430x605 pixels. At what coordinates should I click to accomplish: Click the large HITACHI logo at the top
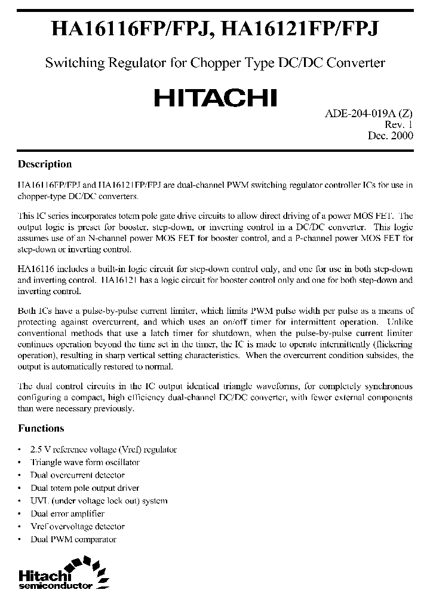tap(215, 97)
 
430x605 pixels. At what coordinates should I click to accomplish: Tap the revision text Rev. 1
tap(398, 124)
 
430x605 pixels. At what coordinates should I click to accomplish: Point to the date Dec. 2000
tap(390, 136)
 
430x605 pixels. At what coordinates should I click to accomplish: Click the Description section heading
tap(45, 164)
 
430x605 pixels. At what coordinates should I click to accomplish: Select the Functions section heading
tap(41, 428)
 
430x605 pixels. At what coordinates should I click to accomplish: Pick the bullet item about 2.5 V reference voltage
tap(103, 450)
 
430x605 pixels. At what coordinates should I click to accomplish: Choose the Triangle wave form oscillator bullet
tap(85, 462)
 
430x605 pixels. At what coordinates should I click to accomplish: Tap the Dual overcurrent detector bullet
tap(78, 475)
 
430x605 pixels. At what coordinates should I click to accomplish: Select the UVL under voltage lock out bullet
tap(99, 501)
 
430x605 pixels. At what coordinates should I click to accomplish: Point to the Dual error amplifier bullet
tap(67, 514)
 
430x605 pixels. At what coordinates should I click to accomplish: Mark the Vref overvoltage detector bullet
tap(78, 527)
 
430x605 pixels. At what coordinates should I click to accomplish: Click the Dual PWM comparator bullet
tap(73, 539)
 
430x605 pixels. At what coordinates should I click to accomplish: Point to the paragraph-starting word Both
tap(26, 311)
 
